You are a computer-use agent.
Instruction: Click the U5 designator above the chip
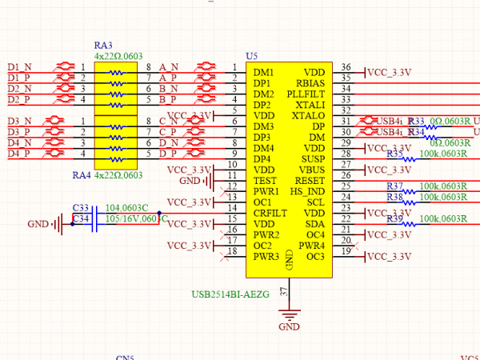(252, 56)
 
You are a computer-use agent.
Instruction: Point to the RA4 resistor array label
(82, 174)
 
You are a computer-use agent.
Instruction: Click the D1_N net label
(20, 66)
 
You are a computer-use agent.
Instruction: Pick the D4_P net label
(20, 153)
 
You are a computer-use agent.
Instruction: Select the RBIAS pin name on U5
(310, 83)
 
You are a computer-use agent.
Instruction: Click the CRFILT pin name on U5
(270, 214)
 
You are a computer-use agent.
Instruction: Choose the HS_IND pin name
(307, 192)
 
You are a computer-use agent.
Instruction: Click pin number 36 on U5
(346, 67)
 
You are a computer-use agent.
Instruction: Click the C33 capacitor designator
(81, 208)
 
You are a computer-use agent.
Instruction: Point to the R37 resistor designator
(395, 186)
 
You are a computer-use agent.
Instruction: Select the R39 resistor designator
(395, 219)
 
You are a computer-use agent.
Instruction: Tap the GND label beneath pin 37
(289, 327)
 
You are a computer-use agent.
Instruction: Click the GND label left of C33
(38, 224)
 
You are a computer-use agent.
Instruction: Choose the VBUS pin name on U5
(312, 170)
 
